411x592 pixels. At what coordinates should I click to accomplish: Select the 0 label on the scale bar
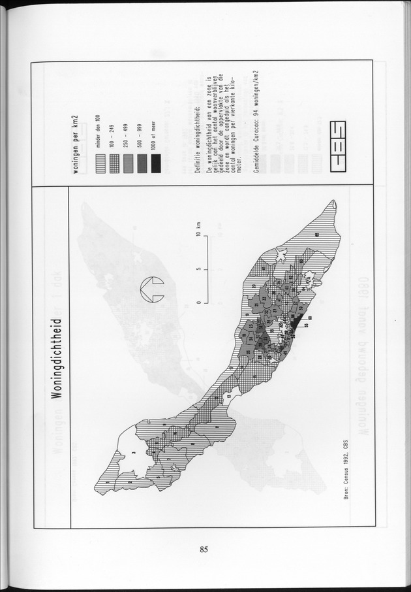tap(198, 303)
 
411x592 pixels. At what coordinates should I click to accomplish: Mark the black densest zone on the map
tap(295, 321)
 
